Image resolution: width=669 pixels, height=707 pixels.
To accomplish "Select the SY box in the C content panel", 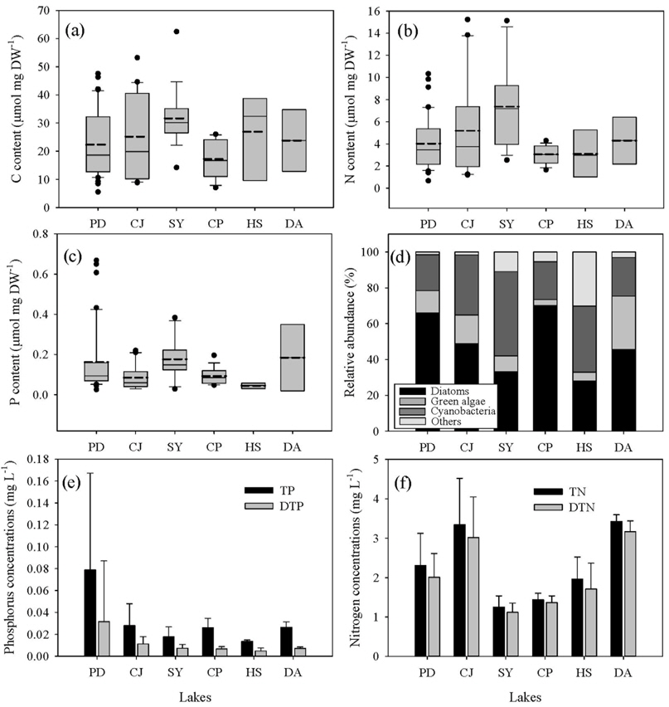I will point(174,120).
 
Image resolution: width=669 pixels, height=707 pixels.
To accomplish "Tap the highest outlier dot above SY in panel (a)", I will point(175,32).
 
